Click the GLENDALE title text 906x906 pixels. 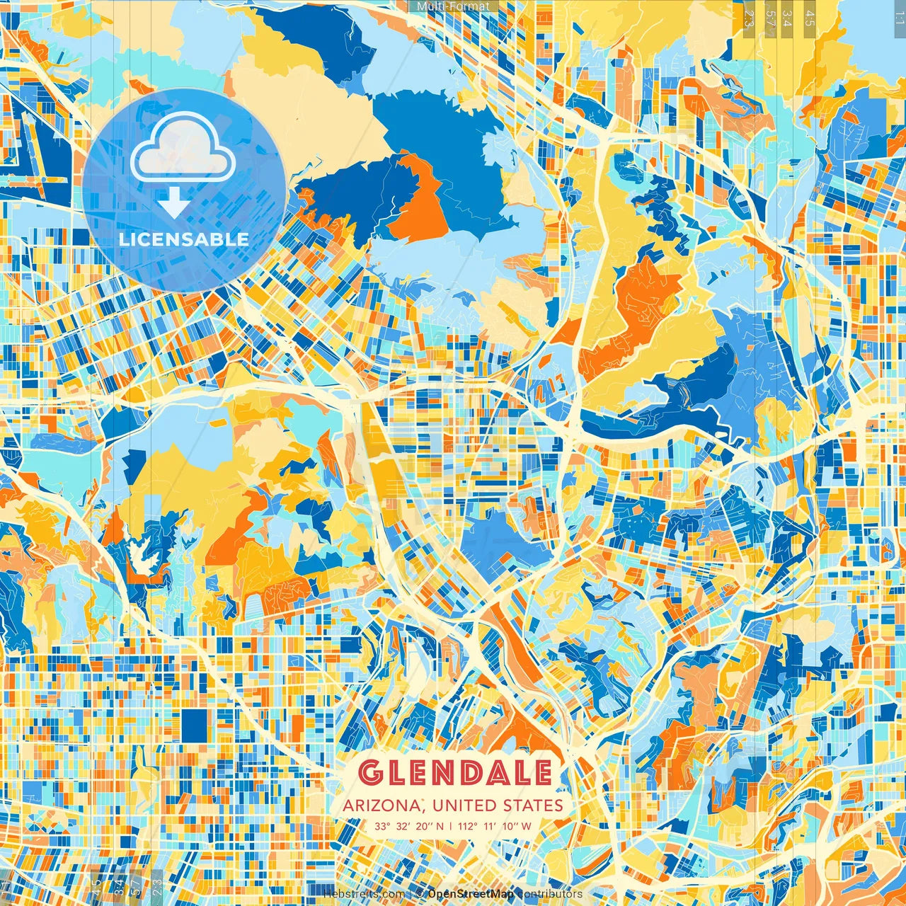pyautogui.click(x=454, y=773)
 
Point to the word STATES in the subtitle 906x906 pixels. pyautogui.click(x=533, y=805)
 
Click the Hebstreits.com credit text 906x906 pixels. pyautogui.click(x=364, y=894)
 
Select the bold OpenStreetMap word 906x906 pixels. pyautogui.click(x=471, y=894)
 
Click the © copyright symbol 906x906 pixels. pyautogui.click(x=420, y=894)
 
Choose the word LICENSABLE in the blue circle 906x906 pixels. pyautogui.click(x=183, y=239)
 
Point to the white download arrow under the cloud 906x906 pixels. pyautogui.click(x=173, y=204)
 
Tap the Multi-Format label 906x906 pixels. pyautogui.click(x=453, y=6)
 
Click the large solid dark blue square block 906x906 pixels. pyautogui.click(x=193, y=726)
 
